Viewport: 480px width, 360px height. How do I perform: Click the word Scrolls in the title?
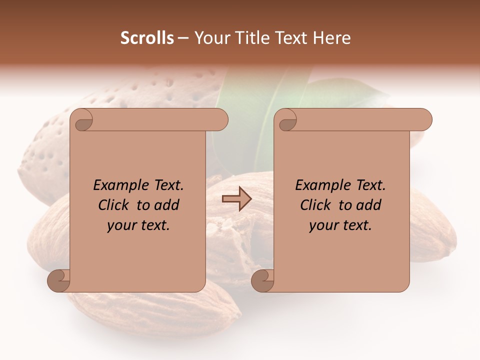point(147,38)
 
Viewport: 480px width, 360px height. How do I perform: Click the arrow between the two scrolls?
point(236,199)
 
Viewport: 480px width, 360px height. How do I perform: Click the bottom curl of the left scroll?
point(59,280)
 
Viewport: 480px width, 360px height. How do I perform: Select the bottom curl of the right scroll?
point(263,280)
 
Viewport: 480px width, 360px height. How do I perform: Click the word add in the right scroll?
point(369,205)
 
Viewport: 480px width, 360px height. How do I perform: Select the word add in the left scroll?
point(167,205)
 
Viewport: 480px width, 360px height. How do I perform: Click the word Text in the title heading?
point(290,38)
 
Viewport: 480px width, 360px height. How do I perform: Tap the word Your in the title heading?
point(211,38)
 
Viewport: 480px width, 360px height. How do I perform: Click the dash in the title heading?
point(183,38)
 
